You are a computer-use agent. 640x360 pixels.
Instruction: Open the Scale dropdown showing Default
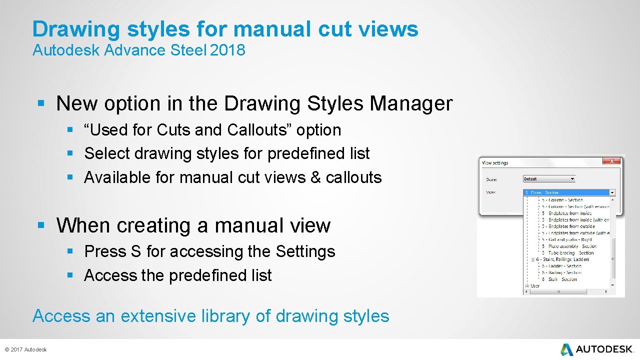(549, 179)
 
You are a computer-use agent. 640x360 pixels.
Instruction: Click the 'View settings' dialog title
(495, 163)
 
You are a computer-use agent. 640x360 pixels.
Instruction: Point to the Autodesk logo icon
(566, 349)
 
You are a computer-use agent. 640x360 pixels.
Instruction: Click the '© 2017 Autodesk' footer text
(25, 349)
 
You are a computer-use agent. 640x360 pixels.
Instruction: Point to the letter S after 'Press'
(135, 251)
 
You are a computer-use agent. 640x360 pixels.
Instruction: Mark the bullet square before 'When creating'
(41, 225)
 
